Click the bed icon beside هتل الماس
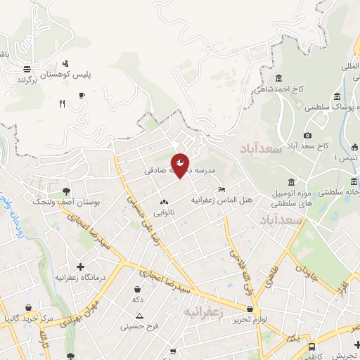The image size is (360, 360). [221, 189]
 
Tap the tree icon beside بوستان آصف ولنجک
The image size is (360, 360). [66, 191]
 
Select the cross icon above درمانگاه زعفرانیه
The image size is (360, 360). [80, 266]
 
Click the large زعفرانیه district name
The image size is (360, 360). [205, 311]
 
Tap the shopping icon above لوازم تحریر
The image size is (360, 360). [250, 309]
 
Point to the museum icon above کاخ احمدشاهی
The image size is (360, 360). [280, 78]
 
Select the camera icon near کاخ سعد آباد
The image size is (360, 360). [307, 135]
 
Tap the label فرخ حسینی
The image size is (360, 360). [136, 326]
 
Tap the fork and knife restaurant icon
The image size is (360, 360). [62, 103]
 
